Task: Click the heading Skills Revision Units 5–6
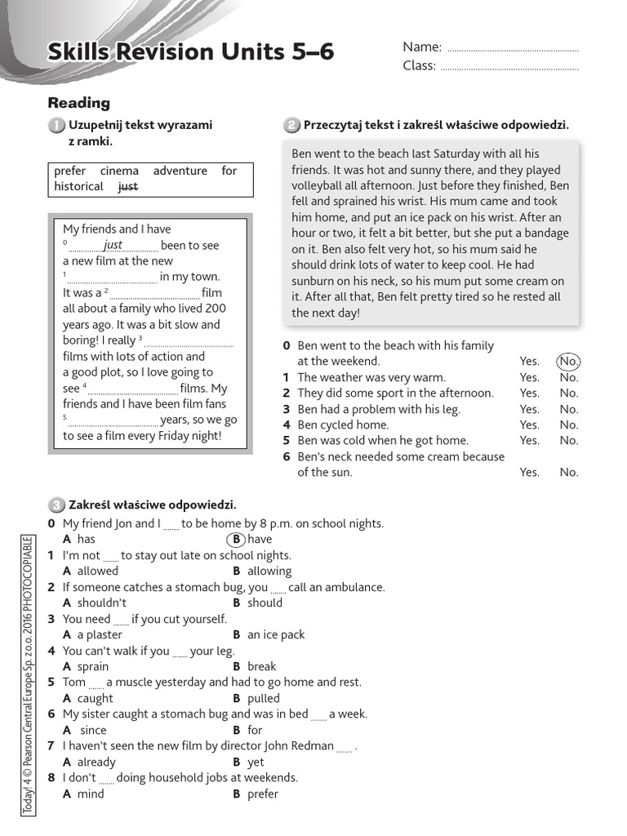(x=191, y=52)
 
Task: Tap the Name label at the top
(x=422, y=47)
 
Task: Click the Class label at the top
(x=420, y=66)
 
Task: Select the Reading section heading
(x=79, y=103)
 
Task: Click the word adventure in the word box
(x=180, y=171)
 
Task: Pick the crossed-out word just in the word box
(x=128, y=187)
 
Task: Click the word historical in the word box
(x=78, y=187)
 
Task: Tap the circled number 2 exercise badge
(x=291, y=125)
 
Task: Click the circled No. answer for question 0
(x=568, y=361)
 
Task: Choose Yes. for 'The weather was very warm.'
(x=529, y=377)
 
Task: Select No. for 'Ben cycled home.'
(x=568, y=425)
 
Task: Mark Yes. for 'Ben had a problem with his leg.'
(x=529, y=409)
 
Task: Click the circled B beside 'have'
(x=235, y=540)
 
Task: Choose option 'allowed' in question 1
(x=97, y=571)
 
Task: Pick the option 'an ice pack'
(x=276, y=635)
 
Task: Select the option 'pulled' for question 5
(x=263, y=699)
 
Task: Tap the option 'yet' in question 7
(x=256, y=763)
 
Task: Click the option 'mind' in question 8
(x=91, y=794)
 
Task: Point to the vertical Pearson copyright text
(x=28, y=674)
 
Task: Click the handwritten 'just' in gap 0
(x=113, y=245)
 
